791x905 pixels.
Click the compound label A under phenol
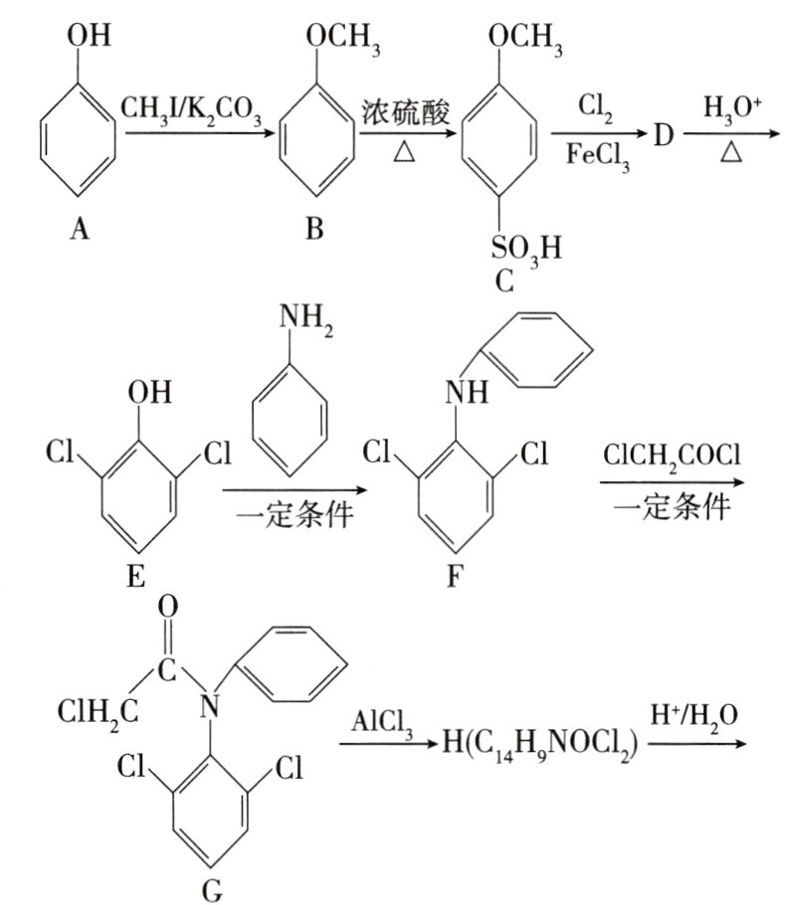coord(80,229)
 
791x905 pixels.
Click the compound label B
coord(314,229)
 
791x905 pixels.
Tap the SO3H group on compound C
coord(526,250)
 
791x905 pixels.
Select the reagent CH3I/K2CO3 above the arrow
coord(190,110)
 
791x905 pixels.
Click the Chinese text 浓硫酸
coord(406,112)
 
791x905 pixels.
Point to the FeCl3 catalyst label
coord(598,156)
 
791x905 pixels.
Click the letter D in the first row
coord(664,136)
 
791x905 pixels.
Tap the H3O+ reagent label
coord(732,108)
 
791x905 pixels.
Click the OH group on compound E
coord(150,392)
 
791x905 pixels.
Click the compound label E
coord(136,576)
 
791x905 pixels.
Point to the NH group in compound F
coord(467,392)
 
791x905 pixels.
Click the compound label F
coord(455,576)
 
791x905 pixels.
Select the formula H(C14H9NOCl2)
coord(540,745)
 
